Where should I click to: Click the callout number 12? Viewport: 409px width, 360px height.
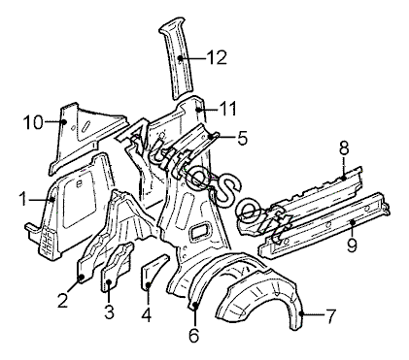point(217,58)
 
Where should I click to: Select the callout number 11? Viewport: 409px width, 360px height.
point(228,109)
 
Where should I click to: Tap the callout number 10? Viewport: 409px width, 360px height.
point(33,122)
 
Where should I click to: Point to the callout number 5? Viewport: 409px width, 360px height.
point(242,138)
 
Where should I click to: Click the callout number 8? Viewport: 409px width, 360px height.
point(344,148)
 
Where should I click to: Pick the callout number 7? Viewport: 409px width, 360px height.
point(329,316)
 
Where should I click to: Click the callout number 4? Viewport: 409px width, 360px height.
point(147,314)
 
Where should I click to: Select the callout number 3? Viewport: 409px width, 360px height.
point(109,312)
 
